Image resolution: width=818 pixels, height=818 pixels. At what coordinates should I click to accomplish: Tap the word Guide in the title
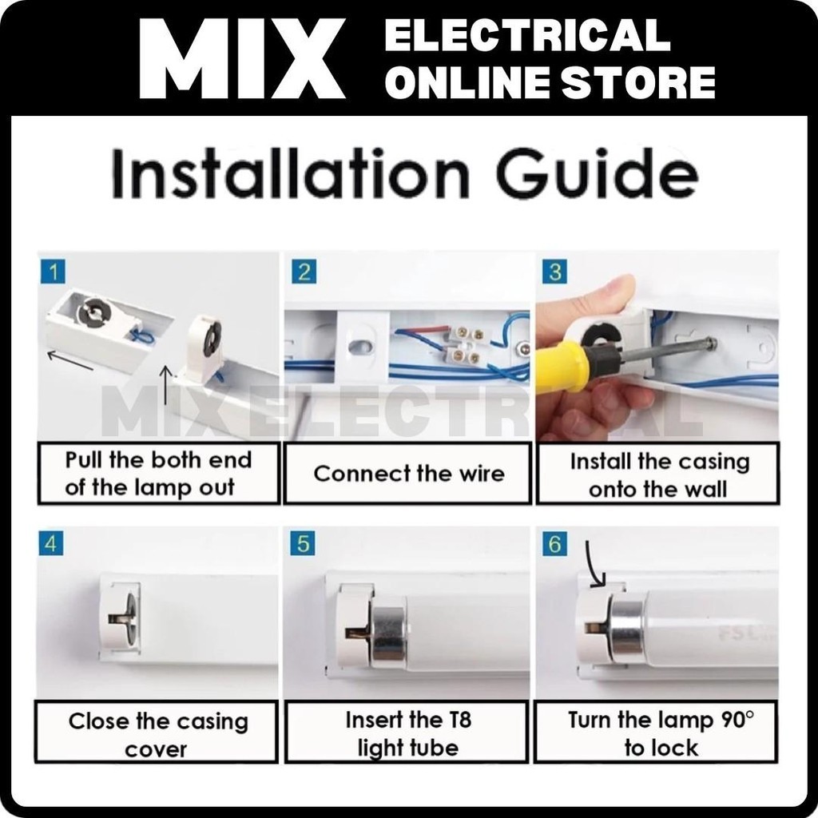click(598, 173)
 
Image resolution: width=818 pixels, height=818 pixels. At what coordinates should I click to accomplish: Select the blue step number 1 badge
click(53, 272)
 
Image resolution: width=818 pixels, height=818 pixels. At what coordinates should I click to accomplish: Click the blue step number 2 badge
click(304, 272)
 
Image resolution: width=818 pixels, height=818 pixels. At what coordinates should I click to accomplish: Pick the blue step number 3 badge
click(554, 272)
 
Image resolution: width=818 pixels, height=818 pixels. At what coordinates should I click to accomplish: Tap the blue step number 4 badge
click(51, 543)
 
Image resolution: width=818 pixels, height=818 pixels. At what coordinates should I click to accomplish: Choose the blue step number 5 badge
click(303, 543)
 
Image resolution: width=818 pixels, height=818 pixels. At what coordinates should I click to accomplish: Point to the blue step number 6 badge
click(554, 543)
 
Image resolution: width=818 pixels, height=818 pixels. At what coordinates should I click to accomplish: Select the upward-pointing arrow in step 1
click(165, 385)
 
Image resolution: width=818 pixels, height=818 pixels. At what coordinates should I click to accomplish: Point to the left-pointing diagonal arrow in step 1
click(70, 360)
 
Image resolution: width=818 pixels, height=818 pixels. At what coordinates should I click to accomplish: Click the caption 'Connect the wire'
click(409, 474)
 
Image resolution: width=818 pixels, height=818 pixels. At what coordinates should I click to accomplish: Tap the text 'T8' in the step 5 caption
click(459, 721)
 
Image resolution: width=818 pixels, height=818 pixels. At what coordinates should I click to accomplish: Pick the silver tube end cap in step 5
click(389, 634)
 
